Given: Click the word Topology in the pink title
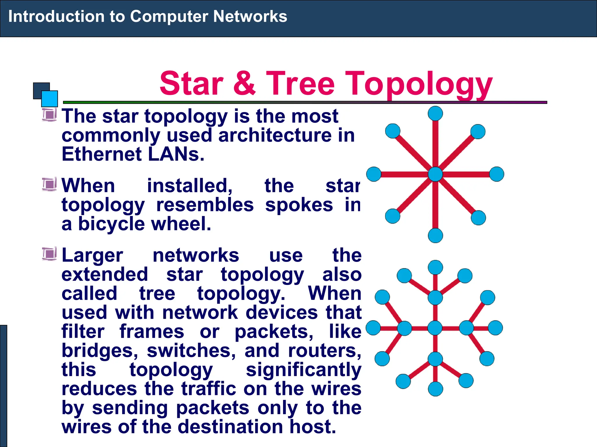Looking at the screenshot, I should click(419, 84).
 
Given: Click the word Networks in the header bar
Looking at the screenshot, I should click(250, 16).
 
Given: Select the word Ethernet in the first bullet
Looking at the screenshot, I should click(101, 154).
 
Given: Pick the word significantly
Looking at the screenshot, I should click(303, 370).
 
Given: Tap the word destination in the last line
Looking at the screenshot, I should click(230, 427).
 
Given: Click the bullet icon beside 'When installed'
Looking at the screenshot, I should click(49, 184).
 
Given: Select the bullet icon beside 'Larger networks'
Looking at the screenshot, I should click(49, 253).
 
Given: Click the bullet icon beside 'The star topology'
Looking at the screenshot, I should click(49, 114).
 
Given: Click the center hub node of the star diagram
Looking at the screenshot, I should click(435, 174).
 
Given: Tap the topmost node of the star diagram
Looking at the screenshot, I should click(435, 113).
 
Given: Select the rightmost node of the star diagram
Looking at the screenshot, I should click(496, 174).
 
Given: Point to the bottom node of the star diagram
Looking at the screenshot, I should click(435, 235).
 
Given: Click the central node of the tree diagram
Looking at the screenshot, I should click(435, 328).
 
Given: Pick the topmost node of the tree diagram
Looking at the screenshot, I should click(435, 267).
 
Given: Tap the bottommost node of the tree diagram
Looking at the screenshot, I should click(436, 389).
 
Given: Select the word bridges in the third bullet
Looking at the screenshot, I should click(99, 351).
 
